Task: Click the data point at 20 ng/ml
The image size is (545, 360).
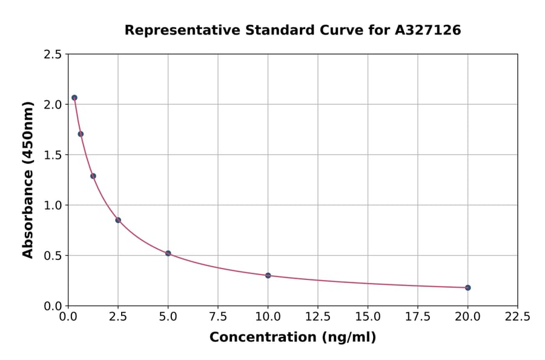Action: tap(467, 288)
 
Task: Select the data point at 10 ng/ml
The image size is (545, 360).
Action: tap(268, 275)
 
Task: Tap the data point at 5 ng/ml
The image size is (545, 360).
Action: tap(168, 253)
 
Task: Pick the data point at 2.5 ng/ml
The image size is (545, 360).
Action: tap(118, 220)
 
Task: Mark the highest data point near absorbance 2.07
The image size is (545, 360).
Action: tap(74, 98)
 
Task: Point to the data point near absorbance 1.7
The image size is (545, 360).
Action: tap(81, 134)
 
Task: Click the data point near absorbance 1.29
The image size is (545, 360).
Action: tap(93, 176)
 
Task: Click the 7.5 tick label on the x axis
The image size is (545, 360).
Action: tap(218, 316)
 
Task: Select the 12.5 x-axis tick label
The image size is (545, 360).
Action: tap(318, 316)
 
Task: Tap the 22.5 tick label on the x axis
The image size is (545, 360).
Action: tap(517, 316)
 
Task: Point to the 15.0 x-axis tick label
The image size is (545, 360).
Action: tap(368, 316)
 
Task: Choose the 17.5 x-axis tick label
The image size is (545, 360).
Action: tap(417, 316)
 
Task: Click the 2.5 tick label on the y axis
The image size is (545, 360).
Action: tap(52, 55)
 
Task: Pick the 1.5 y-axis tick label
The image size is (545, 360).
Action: tap(52, 155)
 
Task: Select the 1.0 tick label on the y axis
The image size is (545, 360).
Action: tap(52, 205)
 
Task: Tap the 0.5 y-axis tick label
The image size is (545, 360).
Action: tap(52, 256)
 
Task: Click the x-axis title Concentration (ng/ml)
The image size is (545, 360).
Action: tap(292, 338)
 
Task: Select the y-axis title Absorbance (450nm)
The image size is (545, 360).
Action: tap(28, 179)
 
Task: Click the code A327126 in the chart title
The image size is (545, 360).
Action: tap(428, 30)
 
